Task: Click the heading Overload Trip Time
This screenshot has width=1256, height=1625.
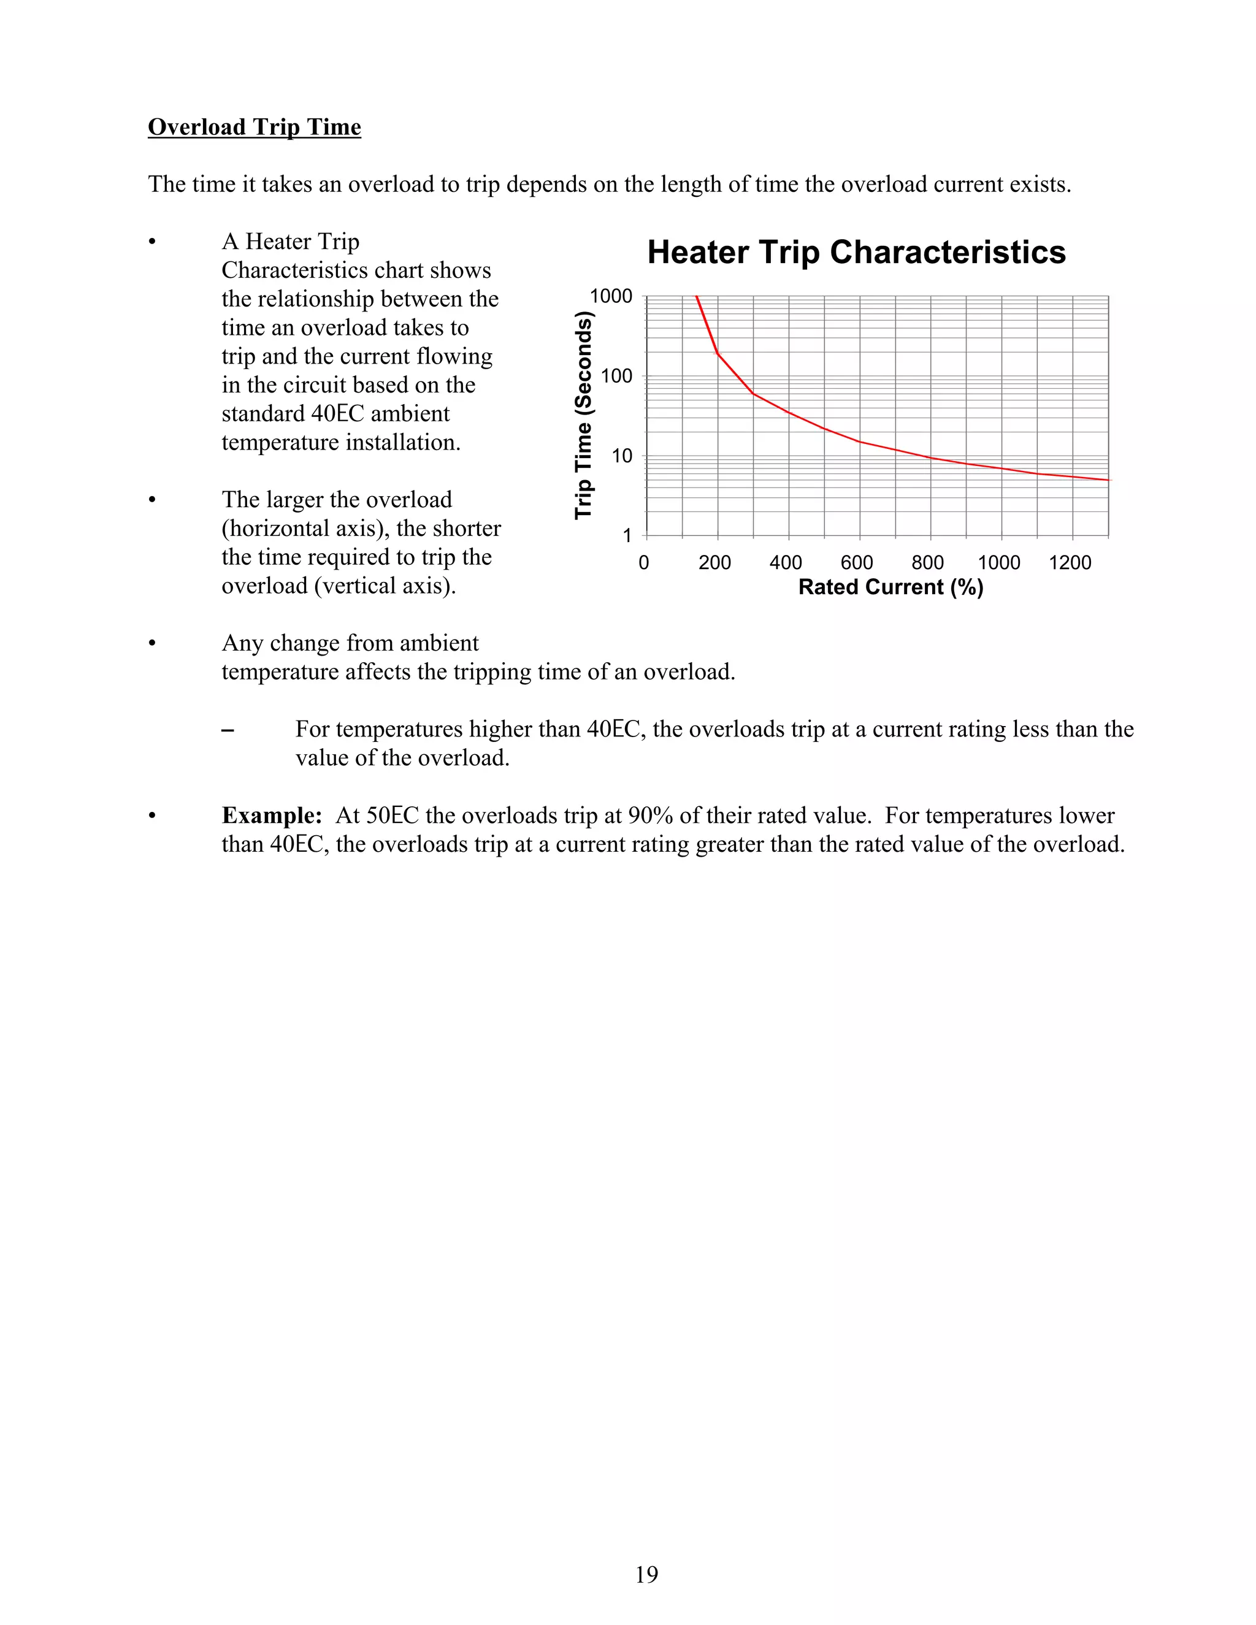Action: pyautogui.click(x=254, y=127)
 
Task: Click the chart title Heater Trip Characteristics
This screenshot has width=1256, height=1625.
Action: pyautogui.click(x=856, y=252)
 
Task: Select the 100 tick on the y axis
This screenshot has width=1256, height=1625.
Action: pyautogui.click(x=616, y=377)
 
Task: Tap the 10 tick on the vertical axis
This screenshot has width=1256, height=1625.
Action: pyautogui.click(x=621, y=456)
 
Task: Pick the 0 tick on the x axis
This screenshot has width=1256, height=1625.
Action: pyautogui.click(x=643, y=562)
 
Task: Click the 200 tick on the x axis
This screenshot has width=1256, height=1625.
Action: pyautogui.click(x=714, y=562)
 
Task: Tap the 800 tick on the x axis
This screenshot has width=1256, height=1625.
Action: pyautogui.click(x=927, y=562)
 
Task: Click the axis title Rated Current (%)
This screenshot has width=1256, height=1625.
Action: pyautogui.click(x=890, y=588)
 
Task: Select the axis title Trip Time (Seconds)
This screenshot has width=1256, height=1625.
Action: pyautogui.click(x=583, y=416)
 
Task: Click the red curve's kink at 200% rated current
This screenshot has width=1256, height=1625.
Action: pyautogui.click(x=718, y=353)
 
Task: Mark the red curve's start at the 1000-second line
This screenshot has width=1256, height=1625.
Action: pyautogui.click(x=697, y=297)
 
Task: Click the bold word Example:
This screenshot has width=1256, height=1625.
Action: pyautogui.click(x=272, y=816)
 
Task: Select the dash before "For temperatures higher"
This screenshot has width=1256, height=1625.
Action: pyautogui.click(x=228, y=730)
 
